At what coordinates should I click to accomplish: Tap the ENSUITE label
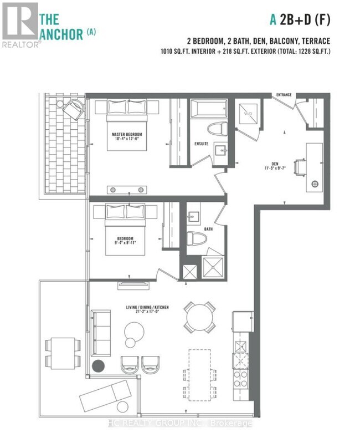(x=201, y=143)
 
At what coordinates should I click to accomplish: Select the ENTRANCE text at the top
(x=285, y=95)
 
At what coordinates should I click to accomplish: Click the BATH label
(x=208, y=228)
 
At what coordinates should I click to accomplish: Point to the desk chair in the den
(x=301, y=166)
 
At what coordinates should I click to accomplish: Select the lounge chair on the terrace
(x=106, y=395)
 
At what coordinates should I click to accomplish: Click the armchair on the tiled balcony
(x=73, y=109)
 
